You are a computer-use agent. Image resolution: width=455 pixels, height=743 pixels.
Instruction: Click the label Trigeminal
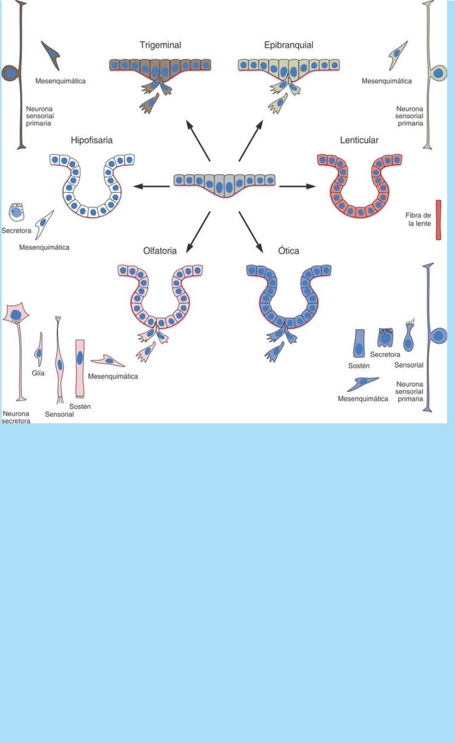[x=160, y=45]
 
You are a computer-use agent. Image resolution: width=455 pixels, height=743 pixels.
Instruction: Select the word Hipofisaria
[x=92, y=141]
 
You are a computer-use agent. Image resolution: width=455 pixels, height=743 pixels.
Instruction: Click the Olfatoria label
[x=159, y=251]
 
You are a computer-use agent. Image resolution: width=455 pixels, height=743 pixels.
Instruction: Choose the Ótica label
[x=288, y=251]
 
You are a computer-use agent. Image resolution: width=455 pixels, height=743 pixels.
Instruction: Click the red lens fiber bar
[x=438, y=220]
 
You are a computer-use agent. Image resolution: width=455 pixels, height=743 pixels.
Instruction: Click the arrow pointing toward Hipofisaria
[x=151, y=186]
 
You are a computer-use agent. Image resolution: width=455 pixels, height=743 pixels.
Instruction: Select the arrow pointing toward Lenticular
[x=298, y=186]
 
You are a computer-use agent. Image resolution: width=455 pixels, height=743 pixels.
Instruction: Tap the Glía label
[x=38, y=373]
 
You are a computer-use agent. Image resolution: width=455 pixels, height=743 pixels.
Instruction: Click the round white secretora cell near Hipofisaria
[x=16, y=213]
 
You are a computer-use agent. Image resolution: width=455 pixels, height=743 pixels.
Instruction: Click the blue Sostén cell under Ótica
[x=359, y=344]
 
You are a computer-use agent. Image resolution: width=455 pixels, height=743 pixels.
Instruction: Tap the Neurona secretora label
[x=16, y=417]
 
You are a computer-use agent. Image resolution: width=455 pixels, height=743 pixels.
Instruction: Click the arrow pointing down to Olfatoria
[x=198, y=232]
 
